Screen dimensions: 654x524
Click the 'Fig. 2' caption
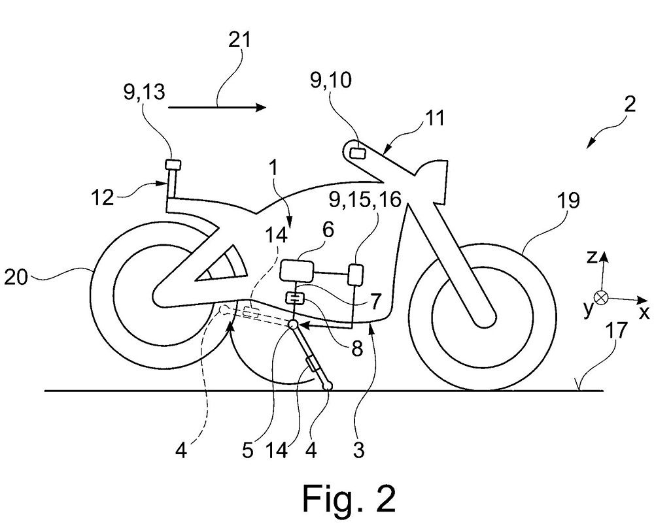pyautogui.click(x=349, y=498)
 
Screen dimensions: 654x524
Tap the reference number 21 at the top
pyautogui.click(x=240, y=41)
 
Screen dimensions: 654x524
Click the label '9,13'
pyautogui.click(x=144, y=91)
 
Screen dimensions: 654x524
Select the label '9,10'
pyautogui.click(x=331, y=80)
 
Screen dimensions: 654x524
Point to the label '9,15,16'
pyautogui.click(x=364, y=200)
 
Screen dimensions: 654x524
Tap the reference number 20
pyautogui.click(x=16, y=277)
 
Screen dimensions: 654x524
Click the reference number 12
pyautogui.click(x=102, y=197)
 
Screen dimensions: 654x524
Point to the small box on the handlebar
pyautogui.click(x=357, y=153)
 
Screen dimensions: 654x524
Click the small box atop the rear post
pyautogui.click(x=173, y=165)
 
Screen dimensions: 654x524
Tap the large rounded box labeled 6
pyautogui.click(x=296, y=270)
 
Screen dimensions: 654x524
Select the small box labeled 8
pyautogui.click(x=294, y=298)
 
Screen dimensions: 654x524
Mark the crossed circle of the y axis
pyautogui.click(x=602, y=297)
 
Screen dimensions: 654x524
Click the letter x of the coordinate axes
pyautogui.click(x=644, y=312)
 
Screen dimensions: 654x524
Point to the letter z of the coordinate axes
pyautogui.click(x=591, y=257)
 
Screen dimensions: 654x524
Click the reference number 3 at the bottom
pyautogui.click(x=358, y=450)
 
